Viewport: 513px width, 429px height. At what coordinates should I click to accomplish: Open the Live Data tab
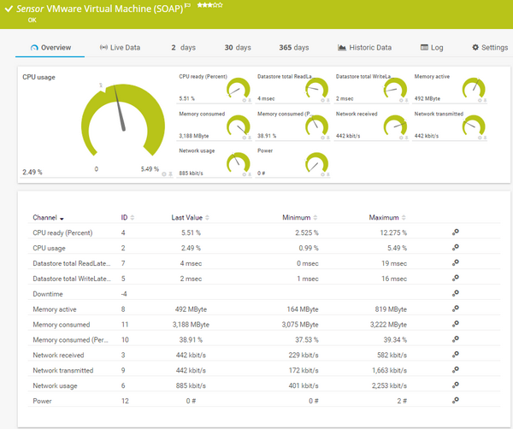[121, 47]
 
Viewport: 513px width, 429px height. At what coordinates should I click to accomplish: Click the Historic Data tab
[365, 47]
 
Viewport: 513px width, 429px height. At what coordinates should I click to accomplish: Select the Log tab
[432, 47]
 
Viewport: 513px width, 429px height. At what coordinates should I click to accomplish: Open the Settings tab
[489, 47]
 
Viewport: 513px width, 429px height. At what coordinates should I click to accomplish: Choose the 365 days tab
[294, 47]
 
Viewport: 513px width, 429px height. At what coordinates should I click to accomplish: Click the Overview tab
[50, 47]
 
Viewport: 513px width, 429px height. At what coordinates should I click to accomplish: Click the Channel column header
[48, 218]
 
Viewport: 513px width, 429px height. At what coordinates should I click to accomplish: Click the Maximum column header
[384, 218]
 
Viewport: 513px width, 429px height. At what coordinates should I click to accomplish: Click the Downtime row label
[49, 294]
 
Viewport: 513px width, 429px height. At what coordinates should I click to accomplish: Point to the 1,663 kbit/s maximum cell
[388, 370]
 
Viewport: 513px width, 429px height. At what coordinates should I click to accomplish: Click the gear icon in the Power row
[456, 400]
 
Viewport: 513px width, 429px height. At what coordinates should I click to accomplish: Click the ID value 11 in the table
[125, 325]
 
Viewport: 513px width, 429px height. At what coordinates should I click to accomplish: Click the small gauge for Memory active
[474, 88]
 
